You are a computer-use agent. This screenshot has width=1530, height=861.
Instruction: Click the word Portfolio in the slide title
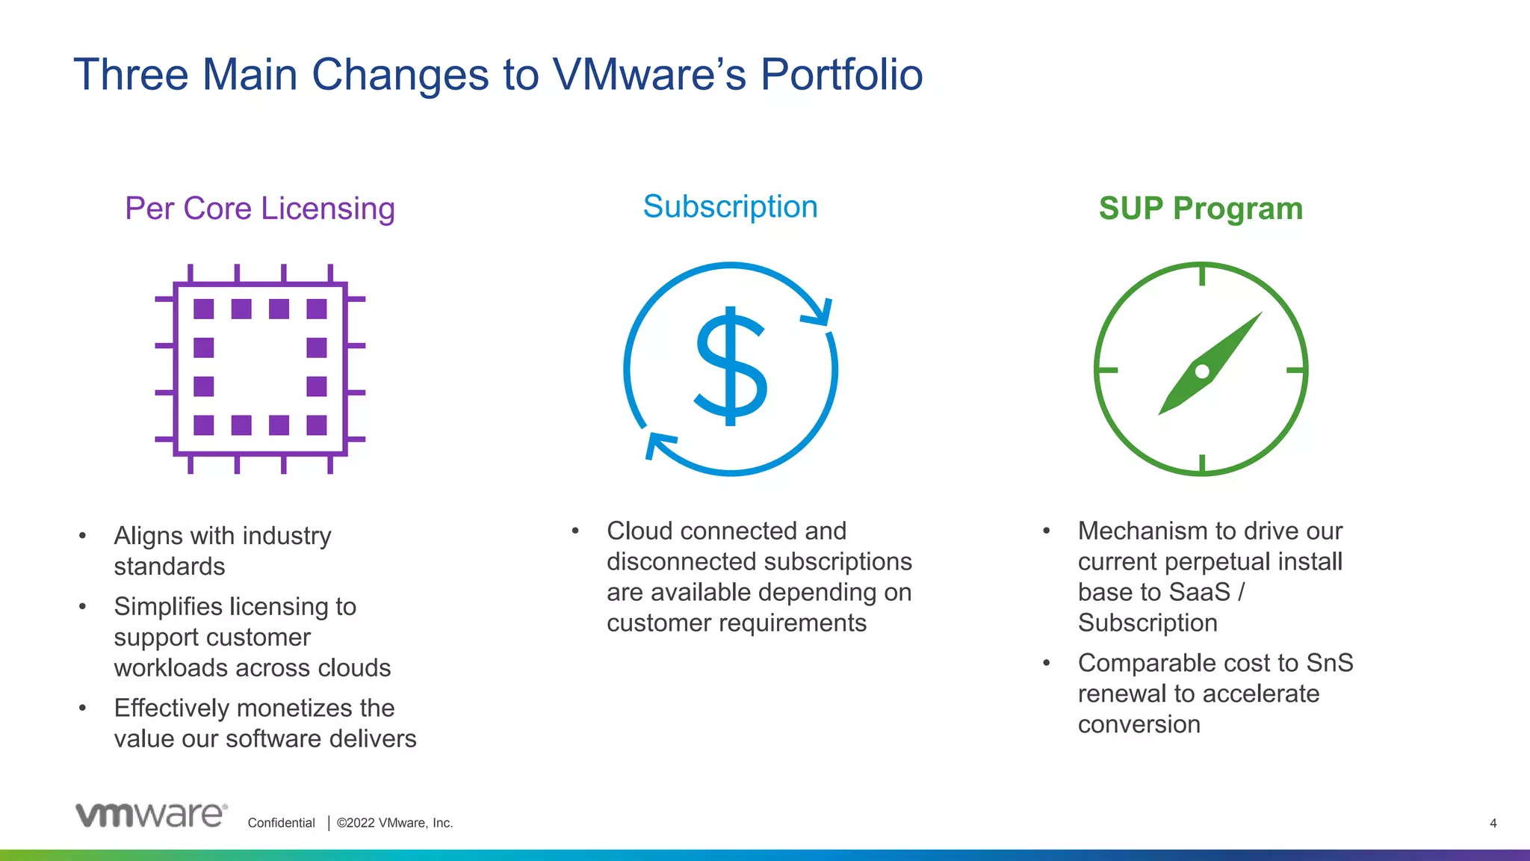841,75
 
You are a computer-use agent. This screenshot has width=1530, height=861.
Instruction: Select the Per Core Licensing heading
259,209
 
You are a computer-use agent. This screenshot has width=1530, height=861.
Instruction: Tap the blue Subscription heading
730,207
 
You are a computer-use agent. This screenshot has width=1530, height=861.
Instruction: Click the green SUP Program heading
1201,209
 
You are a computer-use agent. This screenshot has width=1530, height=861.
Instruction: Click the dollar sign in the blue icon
731,367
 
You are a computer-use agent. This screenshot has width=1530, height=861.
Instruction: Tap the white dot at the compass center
1202,371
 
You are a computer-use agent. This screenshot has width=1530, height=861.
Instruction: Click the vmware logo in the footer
151,815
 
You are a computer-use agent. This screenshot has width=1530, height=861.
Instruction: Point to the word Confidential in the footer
281,823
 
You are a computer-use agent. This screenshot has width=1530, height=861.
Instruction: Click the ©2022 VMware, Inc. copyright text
394,823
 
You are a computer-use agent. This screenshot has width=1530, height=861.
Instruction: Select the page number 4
1493,823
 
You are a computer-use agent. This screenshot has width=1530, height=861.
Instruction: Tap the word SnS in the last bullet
1329,663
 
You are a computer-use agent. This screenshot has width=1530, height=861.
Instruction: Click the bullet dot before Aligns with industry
82,535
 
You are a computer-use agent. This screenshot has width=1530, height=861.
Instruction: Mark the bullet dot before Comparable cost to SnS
1047,663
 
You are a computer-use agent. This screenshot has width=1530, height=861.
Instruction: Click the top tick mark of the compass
1202,275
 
